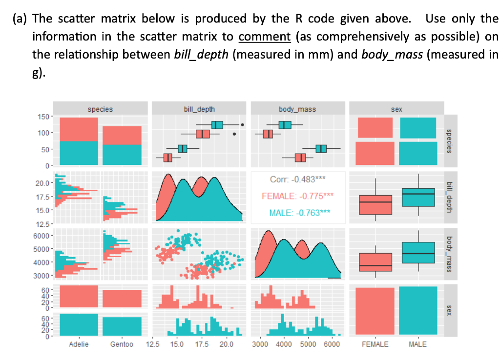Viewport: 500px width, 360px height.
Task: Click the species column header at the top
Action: [100, 109]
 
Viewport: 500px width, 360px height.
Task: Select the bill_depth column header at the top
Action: [199, 109]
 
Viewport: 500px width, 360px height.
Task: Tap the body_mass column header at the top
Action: [297, 109]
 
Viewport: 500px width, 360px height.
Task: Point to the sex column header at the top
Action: [396, 109]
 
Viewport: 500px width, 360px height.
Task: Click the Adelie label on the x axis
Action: [79, 344]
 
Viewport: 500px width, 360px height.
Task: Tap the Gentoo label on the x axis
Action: [122, 344]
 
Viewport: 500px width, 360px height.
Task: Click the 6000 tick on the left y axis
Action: [41, 236]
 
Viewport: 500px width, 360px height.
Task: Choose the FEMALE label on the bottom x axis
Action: [375, 344]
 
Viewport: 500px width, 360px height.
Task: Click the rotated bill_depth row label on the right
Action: [450, 196]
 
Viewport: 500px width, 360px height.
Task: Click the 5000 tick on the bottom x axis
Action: [308, 344]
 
